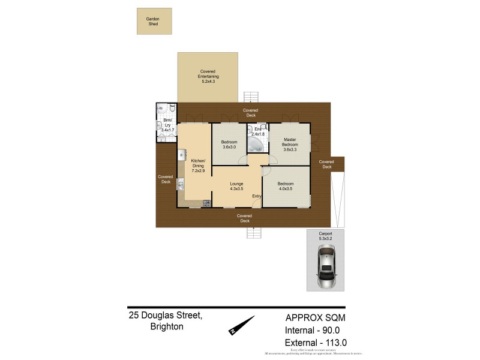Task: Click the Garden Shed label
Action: [153, 21]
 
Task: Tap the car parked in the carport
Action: [327, 268]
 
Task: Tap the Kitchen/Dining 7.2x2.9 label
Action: [198, 166]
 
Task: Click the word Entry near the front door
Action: [257, 196]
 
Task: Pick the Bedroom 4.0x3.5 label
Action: [285, 186]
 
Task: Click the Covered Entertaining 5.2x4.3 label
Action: [208, 76]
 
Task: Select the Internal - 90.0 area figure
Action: [316, 331]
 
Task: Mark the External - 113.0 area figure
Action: [316, 343]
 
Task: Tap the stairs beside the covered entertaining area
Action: [251, 97]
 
